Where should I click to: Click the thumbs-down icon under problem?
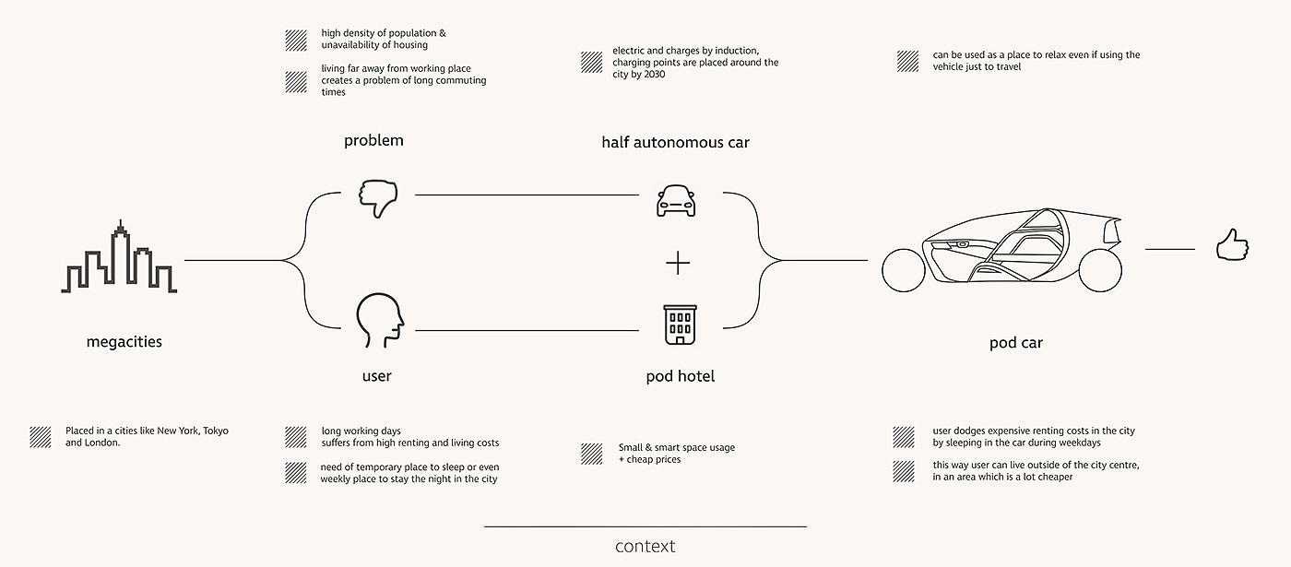coord(378,197)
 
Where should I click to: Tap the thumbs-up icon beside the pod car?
coord(1231,246)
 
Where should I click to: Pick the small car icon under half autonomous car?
coord(676,201)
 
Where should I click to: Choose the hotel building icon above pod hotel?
coord(680,325)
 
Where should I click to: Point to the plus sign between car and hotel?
coord(678,264)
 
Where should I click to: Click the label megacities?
coord(124,342)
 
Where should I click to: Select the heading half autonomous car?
coord(675,142)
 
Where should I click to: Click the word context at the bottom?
coord(645,546)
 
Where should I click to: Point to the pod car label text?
coord(1016,343)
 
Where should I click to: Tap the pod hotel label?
coord(680,376)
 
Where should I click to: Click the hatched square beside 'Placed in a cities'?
coord(41,436)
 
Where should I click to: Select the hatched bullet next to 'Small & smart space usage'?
coord(592,454)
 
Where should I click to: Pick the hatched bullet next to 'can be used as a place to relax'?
coord(908,61)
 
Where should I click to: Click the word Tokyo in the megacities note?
coord(215,431)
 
